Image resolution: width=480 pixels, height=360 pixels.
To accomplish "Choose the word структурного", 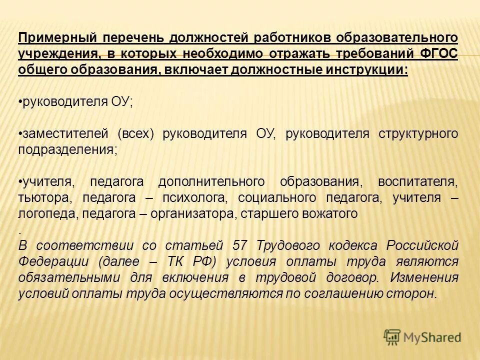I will [x=419, y=134].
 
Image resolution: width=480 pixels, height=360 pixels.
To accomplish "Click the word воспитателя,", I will [x=417, y=181].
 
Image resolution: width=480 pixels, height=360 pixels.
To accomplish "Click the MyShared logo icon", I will [x=392, y=337].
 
